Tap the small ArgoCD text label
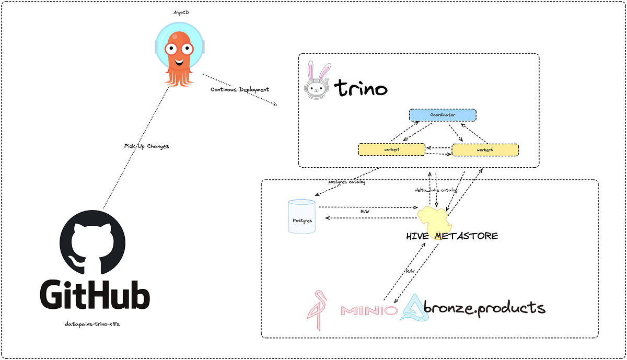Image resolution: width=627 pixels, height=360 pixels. click(x=181, y=11)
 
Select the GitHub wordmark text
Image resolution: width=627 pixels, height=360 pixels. click(x=94, y=297)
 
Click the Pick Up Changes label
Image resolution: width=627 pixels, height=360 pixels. click(x=146, y=146)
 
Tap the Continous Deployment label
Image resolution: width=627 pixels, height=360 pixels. click(x=240, y=89)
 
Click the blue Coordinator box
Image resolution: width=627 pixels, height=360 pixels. click(x=442, y=115)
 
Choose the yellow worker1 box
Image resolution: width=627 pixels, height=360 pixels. click(x=391, y=150)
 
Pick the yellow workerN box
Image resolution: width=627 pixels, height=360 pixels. click(x=485, y=150)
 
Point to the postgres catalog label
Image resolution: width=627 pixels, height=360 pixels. click(x=347, y=182)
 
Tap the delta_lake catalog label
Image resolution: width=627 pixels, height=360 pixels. click(x=436, y=191)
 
